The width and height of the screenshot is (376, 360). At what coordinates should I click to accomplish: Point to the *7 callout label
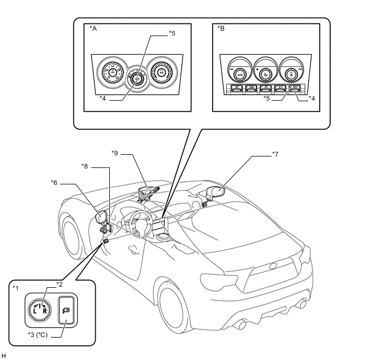tap(276, 154)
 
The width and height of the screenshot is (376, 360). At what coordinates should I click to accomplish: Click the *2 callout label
tap(60, 284)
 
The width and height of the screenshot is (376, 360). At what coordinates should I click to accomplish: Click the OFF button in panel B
tap(237, 87)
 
